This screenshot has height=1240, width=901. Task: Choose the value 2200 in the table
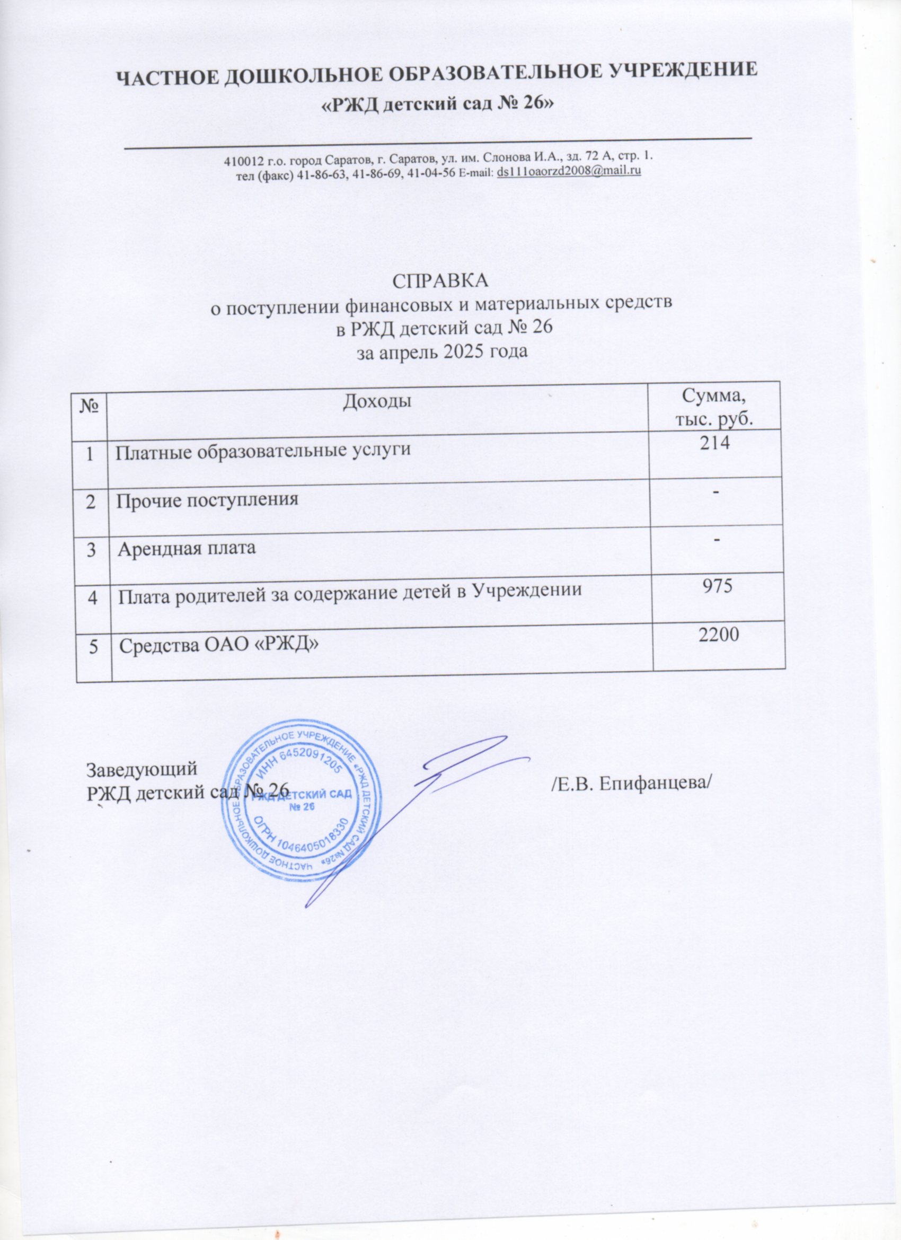[718, 634]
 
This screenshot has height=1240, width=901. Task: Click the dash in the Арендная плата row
[716, 539]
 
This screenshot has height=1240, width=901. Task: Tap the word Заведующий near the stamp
[142, 768]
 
